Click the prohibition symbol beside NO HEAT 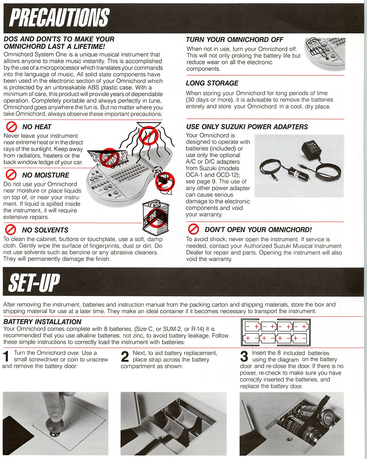[11, 127]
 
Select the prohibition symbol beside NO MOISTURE [11, 175]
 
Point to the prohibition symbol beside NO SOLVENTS [11, 230]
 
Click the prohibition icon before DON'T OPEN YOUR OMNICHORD [193, 229]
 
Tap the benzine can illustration [156, 218]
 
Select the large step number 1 [7, 356]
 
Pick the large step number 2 [125, 356]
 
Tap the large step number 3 [244, 356]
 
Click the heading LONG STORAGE [212, 83]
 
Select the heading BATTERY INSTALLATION [43, 322]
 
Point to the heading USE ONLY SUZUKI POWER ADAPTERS [247, 127]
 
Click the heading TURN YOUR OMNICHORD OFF [235, 40]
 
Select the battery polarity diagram [276, 332]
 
